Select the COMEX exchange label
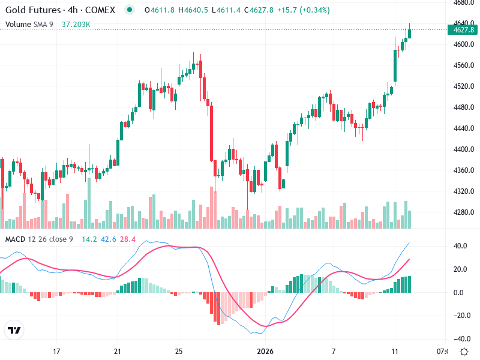click(x=100, y=10)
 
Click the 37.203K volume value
click(x=76, y=24)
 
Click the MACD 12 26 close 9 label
click(x=39, y=239)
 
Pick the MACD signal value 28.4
click(x=128, y=239)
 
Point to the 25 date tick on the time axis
click(x=179, y=351)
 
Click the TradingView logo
click(x=14, y=331)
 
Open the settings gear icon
click(x=464, y=351)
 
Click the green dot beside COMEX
click(x=130, y=10)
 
